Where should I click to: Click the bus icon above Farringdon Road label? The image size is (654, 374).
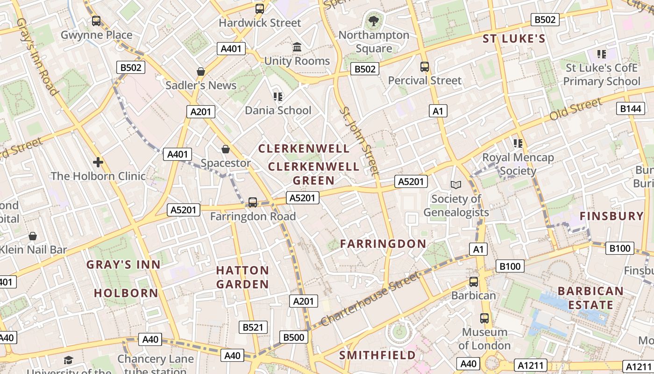tap(253, 202)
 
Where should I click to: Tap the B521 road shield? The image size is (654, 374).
tap(253, 327)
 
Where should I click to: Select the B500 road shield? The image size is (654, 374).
tap(294, 337)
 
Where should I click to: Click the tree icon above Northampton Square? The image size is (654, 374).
tap(373, 21)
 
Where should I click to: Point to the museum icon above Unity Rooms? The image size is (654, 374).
tap(297, 47)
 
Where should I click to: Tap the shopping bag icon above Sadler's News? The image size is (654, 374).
tap(201, 72)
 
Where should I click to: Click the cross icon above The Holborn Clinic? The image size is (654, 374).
tap(98, 162)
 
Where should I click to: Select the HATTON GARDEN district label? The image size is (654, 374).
tap(242, 277)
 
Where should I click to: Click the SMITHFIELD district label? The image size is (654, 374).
tap(377, 355)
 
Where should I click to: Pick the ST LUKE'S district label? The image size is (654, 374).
tap(514, 39)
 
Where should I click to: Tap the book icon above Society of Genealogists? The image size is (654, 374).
tap(455, 185)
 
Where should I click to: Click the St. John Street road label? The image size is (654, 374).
tap(359, 141)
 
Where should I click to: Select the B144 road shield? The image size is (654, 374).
tap(630, 108)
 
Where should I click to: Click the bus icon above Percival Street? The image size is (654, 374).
tap(425, 67)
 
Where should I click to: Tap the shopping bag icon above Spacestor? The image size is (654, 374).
tap(226, 149)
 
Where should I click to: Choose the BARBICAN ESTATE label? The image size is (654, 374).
tap(590, 298)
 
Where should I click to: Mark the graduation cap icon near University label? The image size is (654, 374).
tap(69, 360)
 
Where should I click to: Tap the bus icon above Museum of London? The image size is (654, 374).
tap(484, 318)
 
